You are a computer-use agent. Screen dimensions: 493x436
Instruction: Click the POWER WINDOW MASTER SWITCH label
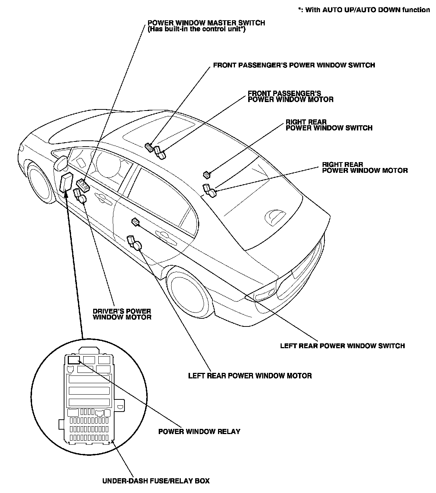[206, 23]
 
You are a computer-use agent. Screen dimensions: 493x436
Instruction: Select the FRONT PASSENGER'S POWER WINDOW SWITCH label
[294, 65]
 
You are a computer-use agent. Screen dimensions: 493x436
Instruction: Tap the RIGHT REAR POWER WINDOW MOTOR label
[365, 168]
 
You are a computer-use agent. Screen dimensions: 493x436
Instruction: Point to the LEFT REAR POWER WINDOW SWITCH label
[342, 346]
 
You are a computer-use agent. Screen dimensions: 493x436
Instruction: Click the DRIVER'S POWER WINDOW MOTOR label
[122, 314]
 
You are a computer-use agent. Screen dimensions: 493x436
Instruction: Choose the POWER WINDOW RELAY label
[199, 431]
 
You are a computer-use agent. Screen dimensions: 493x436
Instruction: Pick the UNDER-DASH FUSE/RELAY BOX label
[156, 481]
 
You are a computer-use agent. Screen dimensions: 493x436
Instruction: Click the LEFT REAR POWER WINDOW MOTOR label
[250, 376]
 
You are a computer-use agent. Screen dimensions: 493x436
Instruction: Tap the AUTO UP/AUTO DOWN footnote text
[364, 10]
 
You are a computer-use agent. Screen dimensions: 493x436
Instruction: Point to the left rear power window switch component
[135, 221]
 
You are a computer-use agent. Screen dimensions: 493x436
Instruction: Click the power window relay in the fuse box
[74, 359]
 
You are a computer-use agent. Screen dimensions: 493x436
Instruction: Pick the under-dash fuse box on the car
[66, 183]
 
